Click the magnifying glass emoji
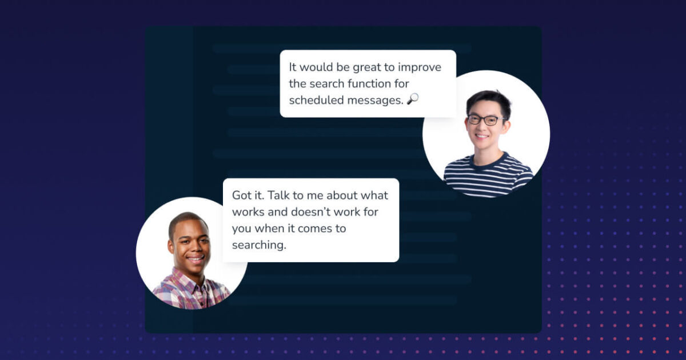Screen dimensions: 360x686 (x=413, y=99)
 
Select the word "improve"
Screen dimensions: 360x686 (x=419, y=67)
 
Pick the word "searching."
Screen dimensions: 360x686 (x=258, y=245)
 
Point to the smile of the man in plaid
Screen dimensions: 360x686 (x=194, y=258)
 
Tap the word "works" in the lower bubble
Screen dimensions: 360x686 (x=248, y=212)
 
